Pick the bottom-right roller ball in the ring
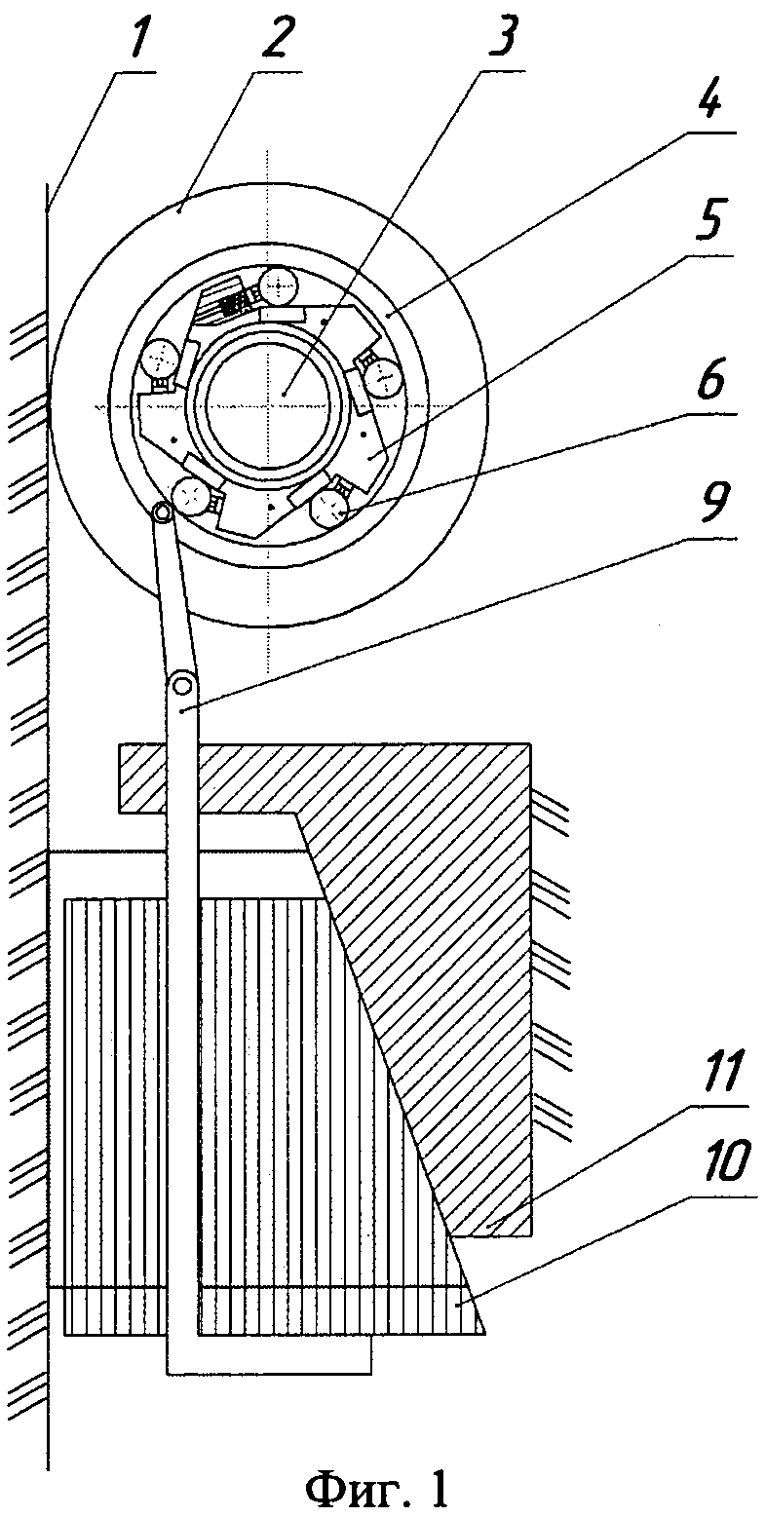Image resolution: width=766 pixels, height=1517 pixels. [x=332, y=506]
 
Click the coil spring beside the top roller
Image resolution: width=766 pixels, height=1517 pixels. [x=233, y=301]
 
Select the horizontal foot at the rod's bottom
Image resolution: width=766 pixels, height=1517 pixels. [x=269, y=1354]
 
